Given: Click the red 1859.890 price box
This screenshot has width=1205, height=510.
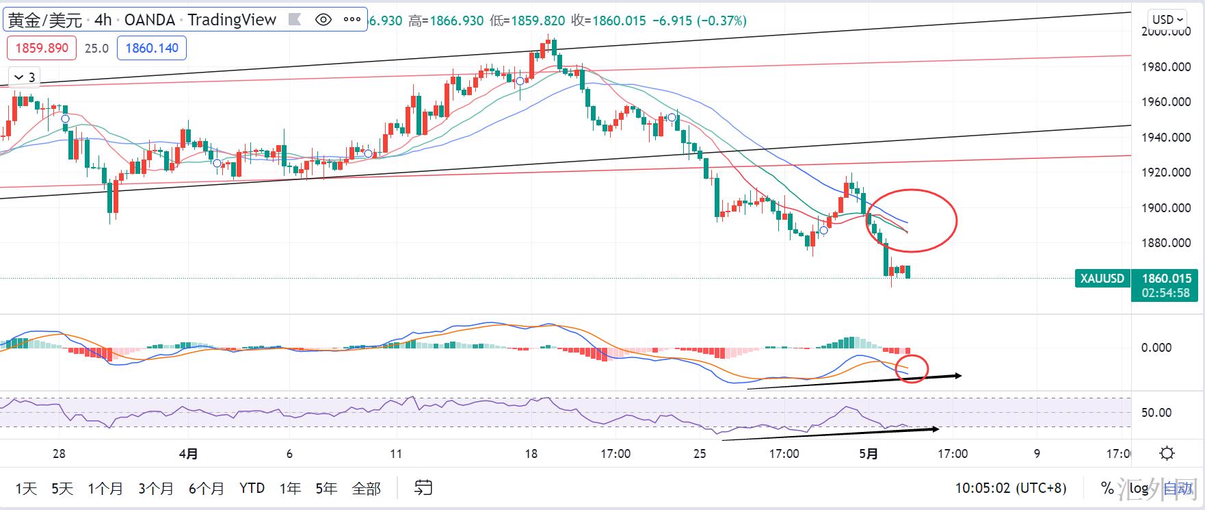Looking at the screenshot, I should [x=42, y=49].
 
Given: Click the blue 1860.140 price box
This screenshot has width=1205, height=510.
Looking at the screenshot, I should [x=152, y=49].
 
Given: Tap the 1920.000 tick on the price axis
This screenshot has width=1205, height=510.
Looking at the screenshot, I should [x=1166, y=173].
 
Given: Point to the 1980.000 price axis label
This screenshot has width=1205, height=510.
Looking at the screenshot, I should [x=1166, y=67].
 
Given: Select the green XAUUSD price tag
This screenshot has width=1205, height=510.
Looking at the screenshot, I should [x=1102, y=279].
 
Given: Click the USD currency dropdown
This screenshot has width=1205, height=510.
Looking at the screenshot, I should [x=1167, y=20].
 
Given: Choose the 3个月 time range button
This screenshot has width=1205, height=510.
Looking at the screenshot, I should [x=156, y=489].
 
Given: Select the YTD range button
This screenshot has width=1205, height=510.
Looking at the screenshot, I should [x=252, y=489].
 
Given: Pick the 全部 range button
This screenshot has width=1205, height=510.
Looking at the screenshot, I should [x=366, y=489].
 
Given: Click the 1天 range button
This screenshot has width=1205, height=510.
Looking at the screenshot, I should [x=26, y=489].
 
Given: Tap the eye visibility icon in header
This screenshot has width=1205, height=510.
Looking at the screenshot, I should [x=323, y=20].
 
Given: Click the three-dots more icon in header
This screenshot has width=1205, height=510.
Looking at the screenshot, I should [x=352, y=20].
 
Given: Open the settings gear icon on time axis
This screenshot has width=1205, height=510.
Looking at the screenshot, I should [x=1167, y=453].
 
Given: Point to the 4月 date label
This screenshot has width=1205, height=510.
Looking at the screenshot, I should [x=189, y=454].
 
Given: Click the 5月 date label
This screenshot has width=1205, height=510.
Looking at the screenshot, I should [x=868, y=454].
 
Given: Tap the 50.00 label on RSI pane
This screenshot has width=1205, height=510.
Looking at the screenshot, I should [x=1156, y=413].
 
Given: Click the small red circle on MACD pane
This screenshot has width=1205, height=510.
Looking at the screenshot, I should [x=912, y=368].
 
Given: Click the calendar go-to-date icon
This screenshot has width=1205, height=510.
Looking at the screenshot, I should [x=423, y=488].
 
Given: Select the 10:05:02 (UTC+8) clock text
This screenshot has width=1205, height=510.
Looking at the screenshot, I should [x=1011, y=489].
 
